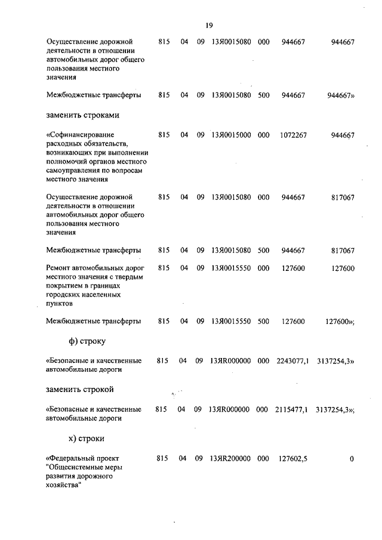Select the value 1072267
click(293, 135)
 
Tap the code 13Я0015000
click(230, 135)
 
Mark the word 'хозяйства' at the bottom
click(62, 485)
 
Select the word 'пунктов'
click(59, 303)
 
